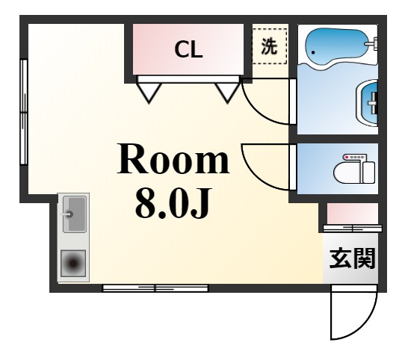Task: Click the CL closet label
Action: (189, 50)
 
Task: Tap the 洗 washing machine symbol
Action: (269, 46)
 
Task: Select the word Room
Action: (173, 161)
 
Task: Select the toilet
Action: (354, 169)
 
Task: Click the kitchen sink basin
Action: (74, 214)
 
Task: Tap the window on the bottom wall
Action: (155, 287)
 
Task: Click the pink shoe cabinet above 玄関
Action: (352, 214)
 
